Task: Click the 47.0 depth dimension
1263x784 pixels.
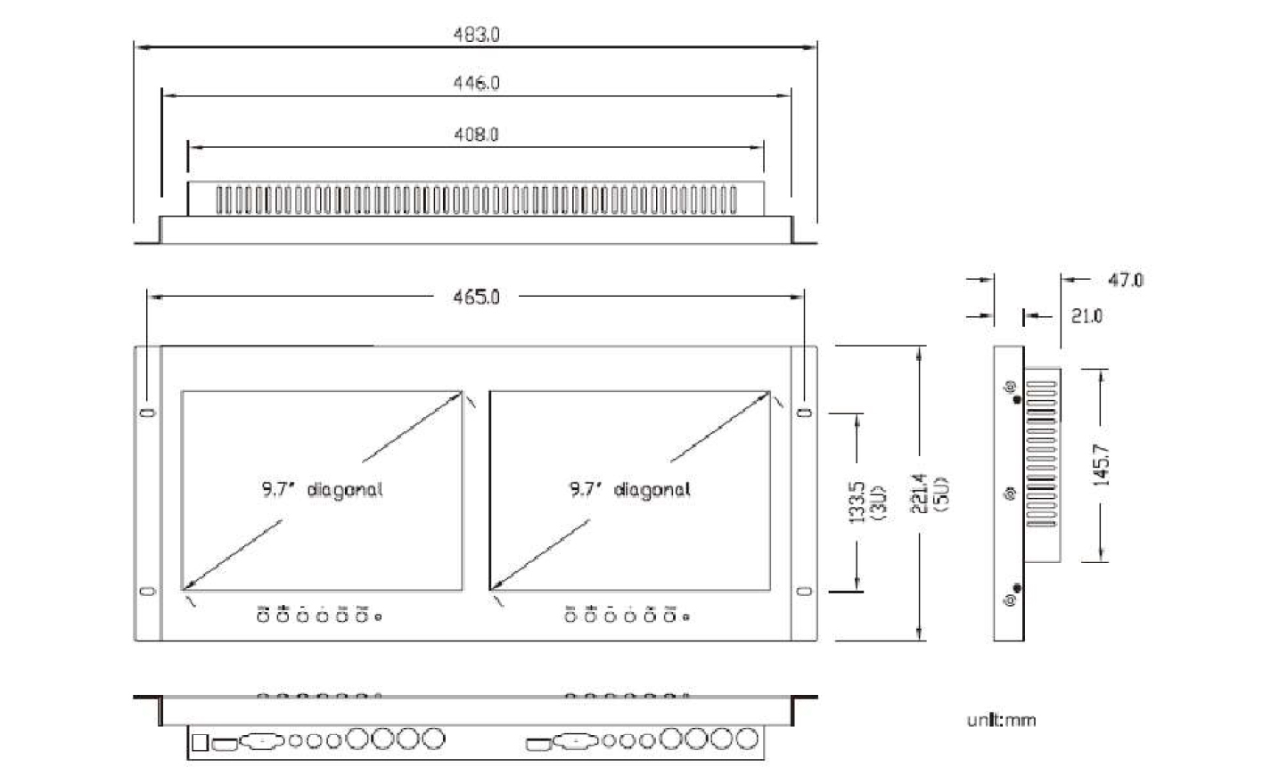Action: (x=1126, y=280)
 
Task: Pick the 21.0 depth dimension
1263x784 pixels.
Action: (x=1087, y=315)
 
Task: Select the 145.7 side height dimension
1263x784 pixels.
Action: (x=1101, y=464)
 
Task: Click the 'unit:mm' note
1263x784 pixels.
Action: (x=1001, y=720)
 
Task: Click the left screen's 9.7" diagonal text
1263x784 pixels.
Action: (x=322, y=489)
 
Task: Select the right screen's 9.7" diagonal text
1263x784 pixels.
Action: (x=629, y=489)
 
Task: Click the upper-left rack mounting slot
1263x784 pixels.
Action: (x=148, y=412)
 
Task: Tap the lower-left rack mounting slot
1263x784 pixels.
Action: (x=148, y=591)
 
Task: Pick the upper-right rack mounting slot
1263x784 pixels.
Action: (x=805, y=412)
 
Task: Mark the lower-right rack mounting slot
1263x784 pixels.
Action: (x=805, y=591)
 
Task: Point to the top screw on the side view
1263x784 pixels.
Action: (x=1010, y=387)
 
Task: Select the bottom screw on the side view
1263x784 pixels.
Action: (x=1010, y=601)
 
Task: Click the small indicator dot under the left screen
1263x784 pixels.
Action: (x=380, y=616)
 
